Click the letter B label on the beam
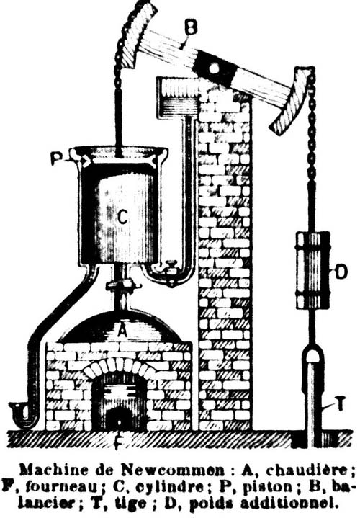coord(191,27)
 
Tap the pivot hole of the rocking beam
coord(214,68)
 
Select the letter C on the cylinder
coord(122,218)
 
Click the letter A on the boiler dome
coord(122,330)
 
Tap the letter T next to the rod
coord(340,403)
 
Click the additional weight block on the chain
coord(312,270)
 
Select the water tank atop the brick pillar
coord(179,96)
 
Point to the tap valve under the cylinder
coord(171,273)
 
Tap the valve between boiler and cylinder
coord(123,284)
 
